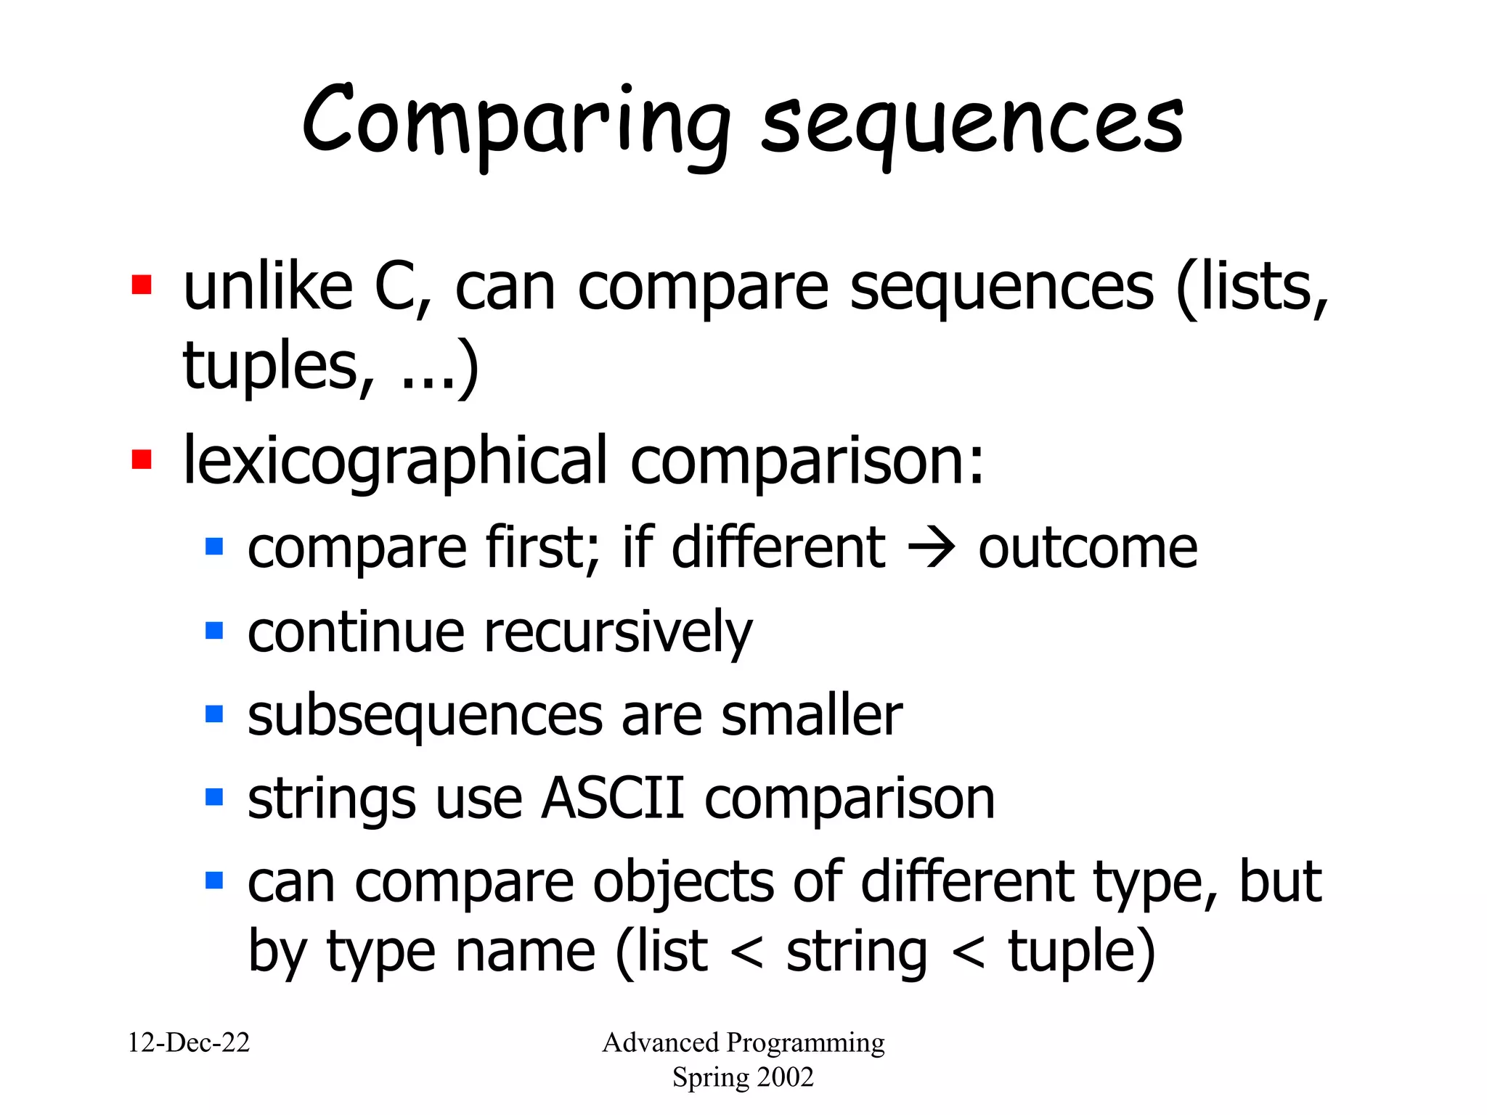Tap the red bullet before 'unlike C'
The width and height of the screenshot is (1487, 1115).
click(x=142, y=285)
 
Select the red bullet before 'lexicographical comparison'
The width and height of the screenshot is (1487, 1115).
click(x=142, y=460)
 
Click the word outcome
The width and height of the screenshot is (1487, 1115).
click(x=1088, y=548)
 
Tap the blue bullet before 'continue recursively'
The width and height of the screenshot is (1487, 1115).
click(x=214, y=630)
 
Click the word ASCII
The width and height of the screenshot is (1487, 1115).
click(x=613, y=799)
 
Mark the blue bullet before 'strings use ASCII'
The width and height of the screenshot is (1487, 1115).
click(x=214, y=797)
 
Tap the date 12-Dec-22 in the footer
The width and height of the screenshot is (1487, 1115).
click(x=189, y=1042)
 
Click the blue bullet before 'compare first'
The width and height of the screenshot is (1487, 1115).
click(x=214, y=546)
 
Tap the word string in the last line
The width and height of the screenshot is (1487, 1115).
click(x=857, y=952)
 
